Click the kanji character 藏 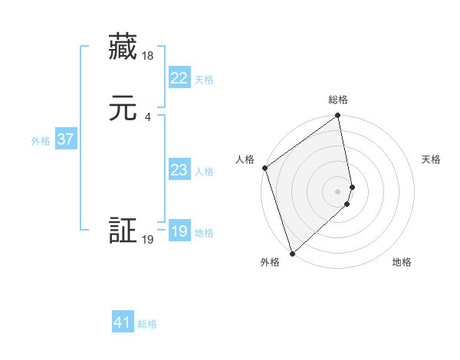click(x=123, y=47)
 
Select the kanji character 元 click(x=123, y=109)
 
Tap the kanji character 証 click(x=123, y=231)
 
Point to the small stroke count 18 click(x=149, y=56)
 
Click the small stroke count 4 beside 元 click(x=147, y=117)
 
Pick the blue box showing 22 click(x=179, y=78)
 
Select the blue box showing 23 click(x=179, y=170)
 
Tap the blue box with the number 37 click(x=65, y=139)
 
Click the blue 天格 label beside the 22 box click(x=204, y=79)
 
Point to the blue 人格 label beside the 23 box click(x=204, y=172)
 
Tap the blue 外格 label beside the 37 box click(x=41, y=141)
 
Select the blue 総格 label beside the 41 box click(x=147, y=324)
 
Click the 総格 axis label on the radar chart click(x=338, y=100)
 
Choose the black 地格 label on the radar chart click(x=402, y=262)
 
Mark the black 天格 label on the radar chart click(x=431, y=159)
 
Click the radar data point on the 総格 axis click(x=338, y=116)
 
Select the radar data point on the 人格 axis click(x=264, y=168)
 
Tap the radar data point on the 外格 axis click(x=291, y=253)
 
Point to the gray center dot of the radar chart click(x=338, y=191)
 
